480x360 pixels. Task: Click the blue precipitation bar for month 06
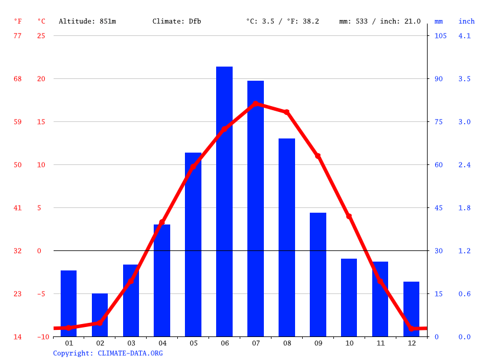point(224,202)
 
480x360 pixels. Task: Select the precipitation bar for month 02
point(100,315)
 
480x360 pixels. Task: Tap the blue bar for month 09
point(318,275)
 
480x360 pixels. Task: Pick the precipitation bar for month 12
point(411,309)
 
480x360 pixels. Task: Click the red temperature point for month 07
point(256,104)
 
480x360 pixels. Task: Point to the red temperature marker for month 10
point(349,217)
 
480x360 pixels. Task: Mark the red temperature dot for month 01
point(69,328)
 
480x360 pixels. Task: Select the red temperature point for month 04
point(162,223)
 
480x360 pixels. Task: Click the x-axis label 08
point(287,343)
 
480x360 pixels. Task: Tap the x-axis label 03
point(131,343)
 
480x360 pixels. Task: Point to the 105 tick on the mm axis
point(441,36)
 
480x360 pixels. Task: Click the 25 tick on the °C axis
point(41,36)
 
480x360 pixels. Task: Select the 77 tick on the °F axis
point(17,36)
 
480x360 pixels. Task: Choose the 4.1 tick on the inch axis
point(465,36)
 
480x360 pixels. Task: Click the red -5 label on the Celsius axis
point(39,294)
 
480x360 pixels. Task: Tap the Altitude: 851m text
point(87,21)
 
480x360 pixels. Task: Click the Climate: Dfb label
point(177,21)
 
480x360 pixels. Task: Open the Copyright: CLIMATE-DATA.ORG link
point(108,354)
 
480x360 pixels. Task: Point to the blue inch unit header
point(466,21)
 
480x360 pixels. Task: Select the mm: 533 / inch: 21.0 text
point(380,21)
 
